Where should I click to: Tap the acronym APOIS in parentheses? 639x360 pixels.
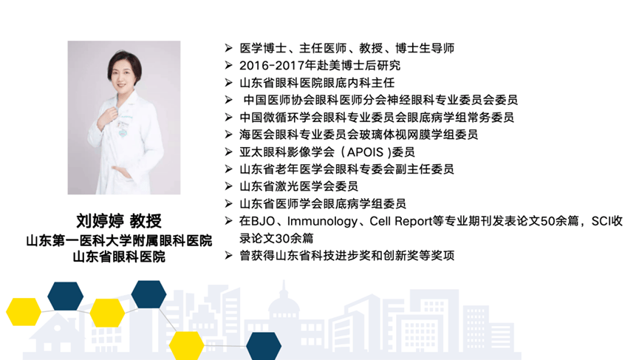click(365, 152)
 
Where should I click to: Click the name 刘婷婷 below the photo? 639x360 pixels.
click(100, 221)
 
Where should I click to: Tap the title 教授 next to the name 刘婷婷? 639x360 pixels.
click(146, 221)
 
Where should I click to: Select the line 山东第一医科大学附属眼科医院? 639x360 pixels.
click(119, 240)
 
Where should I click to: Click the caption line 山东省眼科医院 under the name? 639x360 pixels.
click(119, 257)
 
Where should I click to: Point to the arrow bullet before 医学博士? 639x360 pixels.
click(228, 48)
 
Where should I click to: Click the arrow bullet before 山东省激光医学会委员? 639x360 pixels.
click(228, 186)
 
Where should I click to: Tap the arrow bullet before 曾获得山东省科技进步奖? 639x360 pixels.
click(228, 255)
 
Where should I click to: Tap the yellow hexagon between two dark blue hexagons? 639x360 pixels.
click(107, 313)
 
